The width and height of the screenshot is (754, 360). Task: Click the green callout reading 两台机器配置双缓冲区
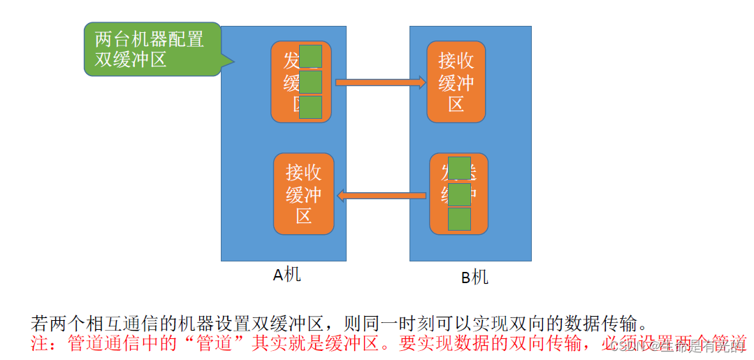[151, 49]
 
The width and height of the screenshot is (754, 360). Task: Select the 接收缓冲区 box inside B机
[456, 82]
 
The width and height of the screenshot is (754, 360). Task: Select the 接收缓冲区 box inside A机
[303, 194]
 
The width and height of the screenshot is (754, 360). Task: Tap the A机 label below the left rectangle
[287, 275]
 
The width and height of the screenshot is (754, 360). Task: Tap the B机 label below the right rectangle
[474, 278]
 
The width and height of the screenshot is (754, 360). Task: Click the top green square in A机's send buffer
[311, 57]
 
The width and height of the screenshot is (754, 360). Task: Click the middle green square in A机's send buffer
[311, 82]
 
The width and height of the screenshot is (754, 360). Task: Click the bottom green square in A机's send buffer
[311, 107]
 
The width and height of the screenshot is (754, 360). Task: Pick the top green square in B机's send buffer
[459, 168]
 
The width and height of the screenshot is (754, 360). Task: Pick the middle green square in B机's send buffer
[459, 194]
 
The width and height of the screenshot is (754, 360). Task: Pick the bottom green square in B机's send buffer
[459, 219]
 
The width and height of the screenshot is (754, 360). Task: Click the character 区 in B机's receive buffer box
[456, 105]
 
